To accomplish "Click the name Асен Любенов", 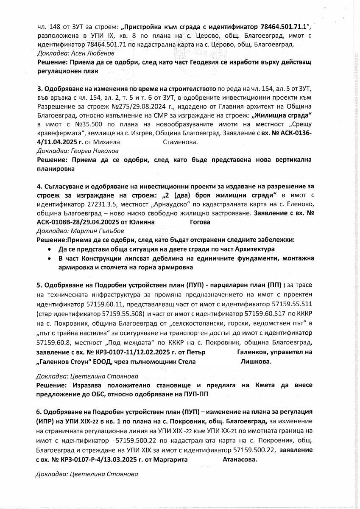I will [x=75, y=53].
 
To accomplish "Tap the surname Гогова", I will [x=199, y=222].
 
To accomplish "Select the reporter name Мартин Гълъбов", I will [x=94, y=231].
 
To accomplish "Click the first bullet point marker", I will [x=51, y=249].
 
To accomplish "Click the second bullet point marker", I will [x=51, y=258].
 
